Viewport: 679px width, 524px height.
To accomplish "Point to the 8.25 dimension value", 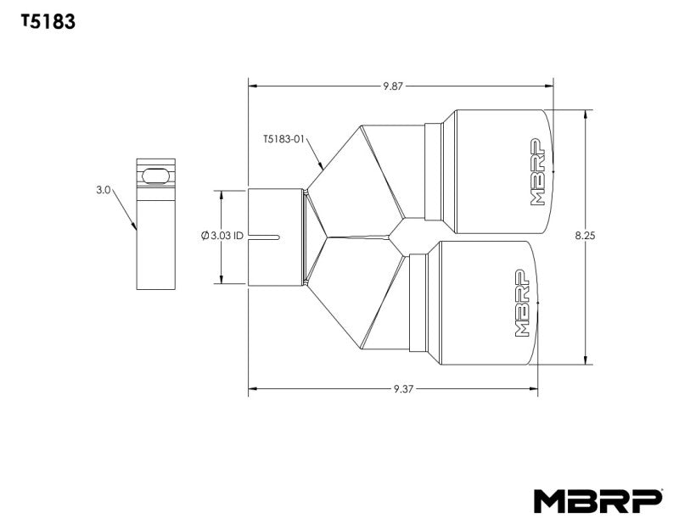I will (585, 237).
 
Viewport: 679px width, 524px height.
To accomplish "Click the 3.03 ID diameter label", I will (222, 236).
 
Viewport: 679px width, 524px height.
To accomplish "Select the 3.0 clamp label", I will (104, 192).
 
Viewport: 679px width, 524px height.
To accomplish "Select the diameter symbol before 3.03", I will (205, 236).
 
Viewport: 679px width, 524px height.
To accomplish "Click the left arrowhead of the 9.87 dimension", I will (251, 86).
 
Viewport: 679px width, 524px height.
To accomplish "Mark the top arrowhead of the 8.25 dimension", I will (585, 113).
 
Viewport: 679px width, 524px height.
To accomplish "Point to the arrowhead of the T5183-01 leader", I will (323, 165).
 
